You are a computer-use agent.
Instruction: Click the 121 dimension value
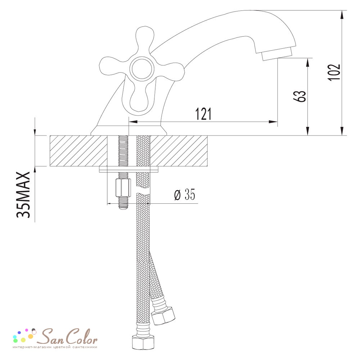coord(203,114)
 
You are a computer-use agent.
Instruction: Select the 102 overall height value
coord(334,72)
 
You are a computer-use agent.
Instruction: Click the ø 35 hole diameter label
coord(185,195)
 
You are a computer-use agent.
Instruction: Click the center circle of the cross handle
coord(141,69)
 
